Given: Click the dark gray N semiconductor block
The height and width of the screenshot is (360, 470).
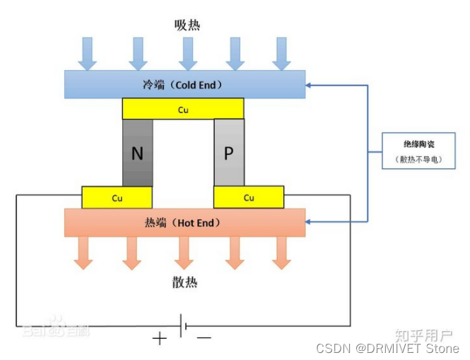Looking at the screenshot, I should click(137, 153).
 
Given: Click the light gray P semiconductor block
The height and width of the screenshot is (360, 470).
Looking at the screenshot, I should click(228, 153).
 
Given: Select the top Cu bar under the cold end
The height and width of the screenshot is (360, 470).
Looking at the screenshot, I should click(183, 109).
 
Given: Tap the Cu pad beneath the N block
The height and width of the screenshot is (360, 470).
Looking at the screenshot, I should click(117, 197).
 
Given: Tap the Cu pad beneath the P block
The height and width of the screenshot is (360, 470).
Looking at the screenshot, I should click(249, 197).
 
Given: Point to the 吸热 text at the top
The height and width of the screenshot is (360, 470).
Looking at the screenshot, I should click(187, 25).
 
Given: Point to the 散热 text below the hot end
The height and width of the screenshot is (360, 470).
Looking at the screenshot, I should click(185, 283).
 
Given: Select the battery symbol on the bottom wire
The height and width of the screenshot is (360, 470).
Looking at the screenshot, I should click(182, 326).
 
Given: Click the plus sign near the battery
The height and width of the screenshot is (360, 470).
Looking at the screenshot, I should click(160, 339).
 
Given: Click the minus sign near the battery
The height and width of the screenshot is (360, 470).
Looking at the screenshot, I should click(204, 339).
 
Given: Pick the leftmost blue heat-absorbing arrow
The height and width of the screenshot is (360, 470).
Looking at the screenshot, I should click(87, 53).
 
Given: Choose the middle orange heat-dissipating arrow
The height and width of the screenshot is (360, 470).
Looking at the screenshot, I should click(184, 253).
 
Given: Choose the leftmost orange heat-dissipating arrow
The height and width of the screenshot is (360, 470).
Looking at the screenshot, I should click(83, 253).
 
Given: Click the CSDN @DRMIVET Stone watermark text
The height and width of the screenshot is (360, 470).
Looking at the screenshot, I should click(387, 349).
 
